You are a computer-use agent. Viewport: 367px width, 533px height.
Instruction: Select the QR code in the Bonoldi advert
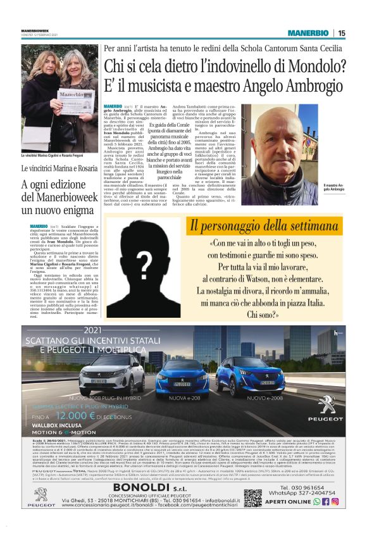[x=253, y=498]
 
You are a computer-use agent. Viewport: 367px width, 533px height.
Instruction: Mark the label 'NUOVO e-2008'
[x=265, y=398]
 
